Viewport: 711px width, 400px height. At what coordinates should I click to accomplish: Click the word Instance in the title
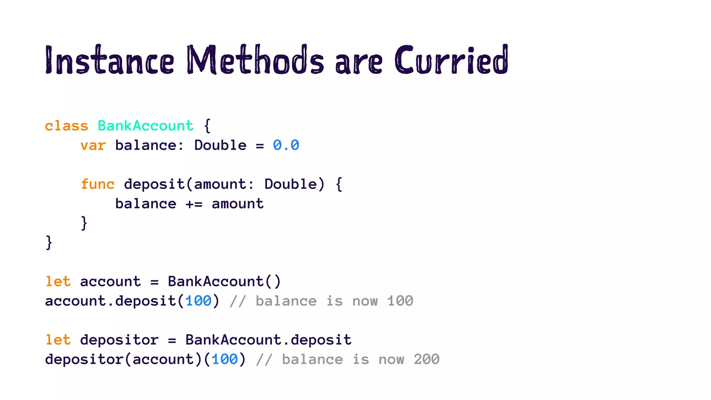pyautogui.click(x=109, y=60)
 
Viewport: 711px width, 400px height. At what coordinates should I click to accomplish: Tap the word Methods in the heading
pyautogui.click(x=256, y=60)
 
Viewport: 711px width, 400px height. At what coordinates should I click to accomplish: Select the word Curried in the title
pyautogui.click(x=451, y=60)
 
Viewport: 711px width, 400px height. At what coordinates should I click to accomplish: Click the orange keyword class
pyautogui.click(x=67, y=126)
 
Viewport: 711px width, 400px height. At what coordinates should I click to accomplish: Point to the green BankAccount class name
pyautogui.click(x=145, y=126)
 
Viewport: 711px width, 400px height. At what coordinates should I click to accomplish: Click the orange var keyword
pyautogui.click(x=93, y=145)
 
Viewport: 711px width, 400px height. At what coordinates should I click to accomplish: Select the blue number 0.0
pyautogui.click(x=286, y=145)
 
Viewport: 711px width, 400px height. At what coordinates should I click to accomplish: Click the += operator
pyautogui.click(x=194, y=204)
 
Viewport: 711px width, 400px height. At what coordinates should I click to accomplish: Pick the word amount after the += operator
pyautogui.click(x=238, y=204)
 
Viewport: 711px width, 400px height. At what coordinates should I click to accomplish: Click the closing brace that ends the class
pyautogui.click(x=49, y=242)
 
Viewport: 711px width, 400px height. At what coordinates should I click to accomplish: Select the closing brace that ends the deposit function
pyautogui.click(x=84, y=223)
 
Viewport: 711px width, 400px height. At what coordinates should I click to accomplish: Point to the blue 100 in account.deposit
pyautogui.click(x=198, y=301)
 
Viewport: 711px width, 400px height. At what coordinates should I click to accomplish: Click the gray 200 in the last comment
pyautogui.click(x=427, y=359)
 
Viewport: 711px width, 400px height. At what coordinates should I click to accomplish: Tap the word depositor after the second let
pyautogui.click(x=119, y=340)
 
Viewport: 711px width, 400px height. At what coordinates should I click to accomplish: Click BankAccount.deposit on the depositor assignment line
pyautogui.click(x=268, y=340)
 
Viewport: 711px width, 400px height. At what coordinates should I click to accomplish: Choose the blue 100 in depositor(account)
pyautogui.click(x=225, y=359)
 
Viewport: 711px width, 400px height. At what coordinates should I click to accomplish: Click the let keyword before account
pyautogui.click(x=58, y=282)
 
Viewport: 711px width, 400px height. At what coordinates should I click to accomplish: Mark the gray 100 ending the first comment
pyautogui.click(x=400, y=301)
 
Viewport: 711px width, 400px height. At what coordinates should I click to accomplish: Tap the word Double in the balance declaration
pyautogui.click(x=220, y=145)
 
